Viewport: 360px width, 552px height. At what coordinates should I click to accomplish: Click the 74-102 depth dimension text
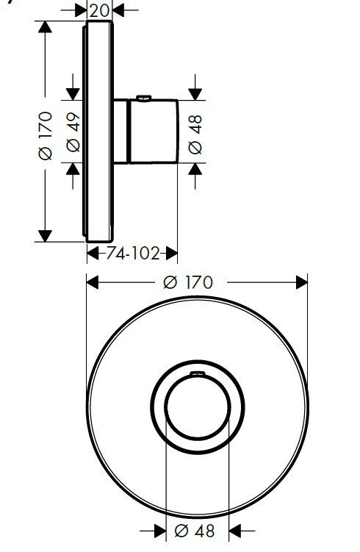pyautogui.click(x=132, y=254)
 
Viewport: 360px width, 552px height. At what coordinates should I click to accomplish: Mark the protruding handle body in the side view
pyautogui.click(x=154, y=131)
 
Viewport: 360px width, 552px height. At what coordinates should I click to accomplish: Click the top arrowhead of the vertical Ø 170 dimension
pyautogui.click(x=45, y=27)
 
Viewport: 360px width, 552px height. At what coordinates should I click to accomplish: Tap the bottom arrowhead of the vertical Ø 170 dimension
pyautogui.click(x=45, y=235)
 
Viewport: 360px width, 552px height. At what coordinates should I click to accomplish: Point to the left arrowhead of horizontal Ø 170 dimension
pyautogui.click(x=93, y=282)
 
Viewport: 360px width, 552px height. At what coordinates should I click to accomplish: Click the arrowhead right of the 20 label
pyautogui.click(x=119, y=10)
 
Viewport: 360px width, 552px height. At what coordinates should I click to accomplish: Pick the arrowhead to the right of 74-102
pyautogui.click(x=171, y=254)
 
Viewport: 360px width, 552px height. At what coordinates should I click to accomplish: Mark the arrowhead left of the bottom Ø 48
pyautogui.click(x=159, y=529)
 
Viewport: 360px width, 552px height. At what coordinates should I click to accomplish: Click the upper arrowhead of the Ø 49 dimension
pyautogui.click(x=73, y=93)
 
